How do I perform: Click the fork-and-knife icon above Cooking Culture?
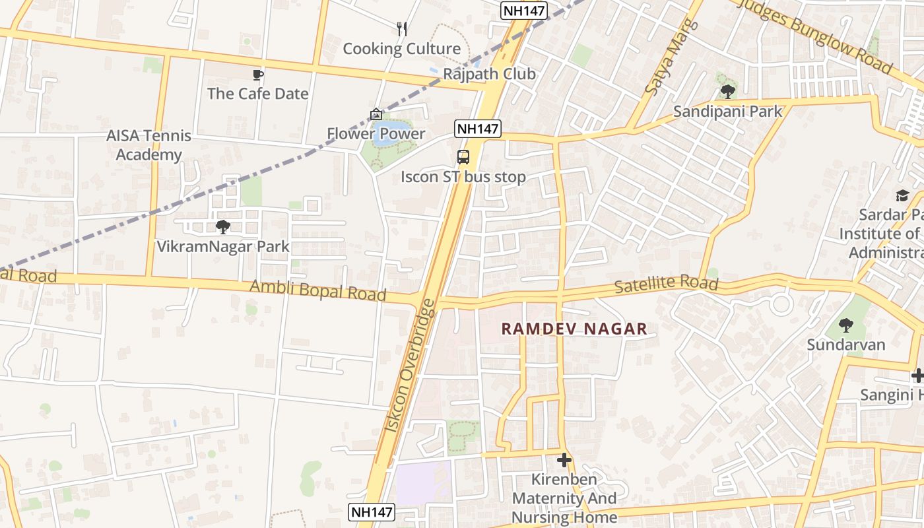click(401, 28)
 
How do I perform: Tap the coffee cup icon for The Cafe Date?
click(258, 75)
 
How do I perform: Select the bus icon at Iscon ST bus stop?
click(463, 157)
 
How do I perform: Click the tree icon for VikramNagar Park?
click(223, 227)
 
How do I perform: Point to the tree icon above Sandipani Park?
click(727, 92)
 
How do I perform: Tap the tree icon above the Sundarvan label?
click(846, 325)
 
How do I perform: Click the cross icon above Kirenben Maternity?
click(564, 459)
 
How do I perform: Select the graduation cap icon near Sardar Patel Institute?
click(902, 195)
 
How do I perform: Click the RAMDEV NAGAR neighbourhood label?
click(574, 329)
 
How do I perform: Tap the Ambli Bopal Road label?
click(317, 290)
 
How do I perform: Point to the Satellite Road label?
click(666, 285)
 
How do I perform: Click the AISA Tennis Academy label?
click(149, 145)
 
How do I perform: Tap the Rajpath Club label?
click(489, 74)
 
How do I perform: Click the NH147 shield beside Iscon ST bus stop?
click(477, 128)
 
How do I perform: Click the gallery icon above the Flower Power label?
click(376, 114)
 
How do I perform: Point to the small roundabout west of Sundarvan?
click(781, 304)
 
